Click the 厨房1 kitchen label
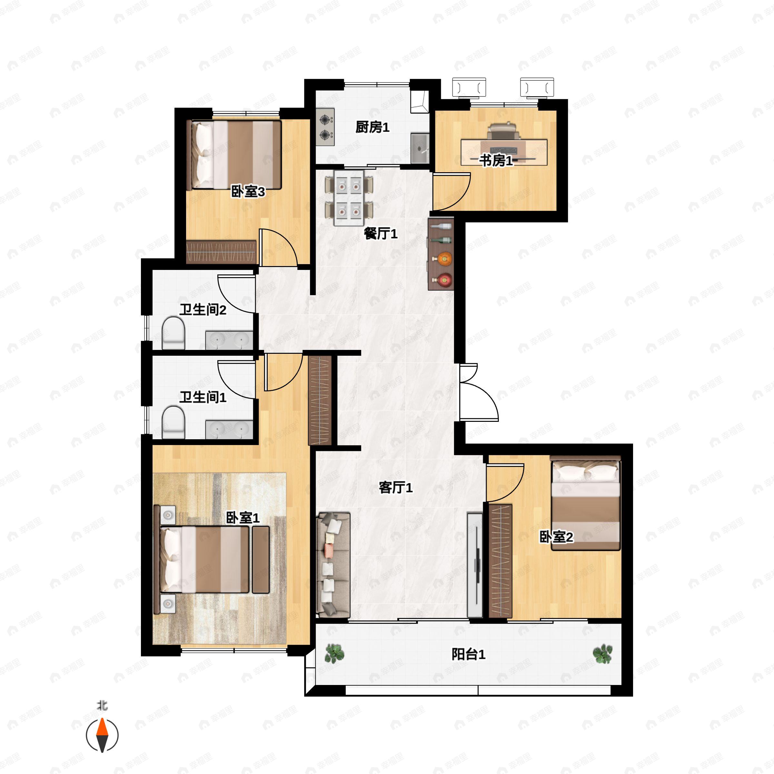click(x=372, y=127)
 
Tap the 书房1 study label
click(x=496, y=161)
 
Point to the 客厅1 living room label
click(x=395, y=488)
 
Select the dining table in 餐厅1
click(x=349, y=198)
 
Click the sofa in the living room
click(x=333, y=565)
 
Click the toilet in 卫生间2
click(x=174, y=332)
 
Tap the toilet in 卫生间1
click(x=174, y=422)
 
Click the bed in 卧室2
click(x=586, y=503)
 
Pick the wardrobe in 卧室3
click(x=222, y=252)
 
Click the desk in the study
click(x=504, y=152)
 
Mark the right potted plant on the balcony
click(x=602, y=654)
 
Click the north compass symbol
click(x=102, y=735)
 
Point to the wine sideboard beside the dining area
click(x=441, y=254)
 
